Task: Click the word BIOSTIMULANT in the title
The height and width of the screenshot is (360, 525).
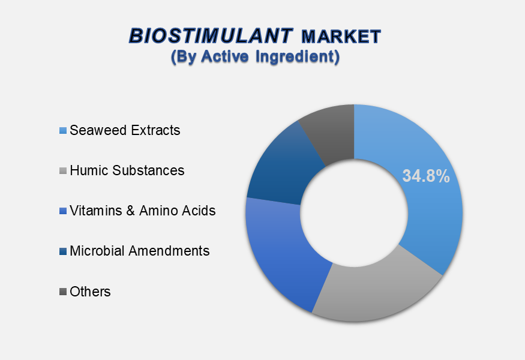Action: [x=211, y=36]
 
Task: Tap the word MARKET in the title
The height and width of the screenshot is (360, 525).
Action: [x=341, y=37]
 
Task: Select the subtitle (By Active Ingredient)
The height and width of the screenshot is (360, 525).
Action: [x=255, y=56]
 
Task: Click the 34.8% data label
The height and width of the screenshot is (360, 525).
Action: [x=426, y=176]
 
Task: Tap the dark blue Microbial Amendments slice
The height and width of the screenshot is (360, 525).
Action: [x=281, y=167]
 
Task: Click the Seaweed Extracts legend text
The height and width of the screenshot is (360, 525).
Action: [x=125, y=130]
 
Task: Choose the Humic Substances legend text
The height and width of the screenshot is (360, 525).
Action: [x=127, y=170]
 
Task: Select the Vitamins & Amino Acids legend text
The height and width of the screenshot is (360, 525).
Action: [x=143, y=211]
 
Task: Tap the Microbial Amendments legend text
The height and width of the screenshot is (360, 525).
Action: [x=140, y=251]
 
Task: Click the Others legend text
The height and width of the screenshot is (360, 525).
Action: [x=90, y=292]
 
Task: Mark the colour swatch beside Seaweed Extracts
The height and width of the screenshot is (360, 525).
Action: [x=63, y=131]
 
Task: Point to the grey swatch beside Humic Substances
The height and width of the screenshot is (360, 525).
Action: [x=63, y=171]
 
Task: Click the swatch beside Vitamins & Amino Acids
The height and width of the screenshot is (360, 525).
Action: [x=63, y=211]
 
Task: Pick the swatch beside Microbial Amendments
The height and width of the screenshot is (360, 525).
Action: [x=63, y=251]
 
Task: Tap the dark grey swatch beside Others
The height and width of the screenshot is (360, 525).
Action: [x=63, y=292]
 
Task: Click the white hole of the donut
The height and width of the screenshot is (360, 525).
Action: [x=354, y=213]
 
